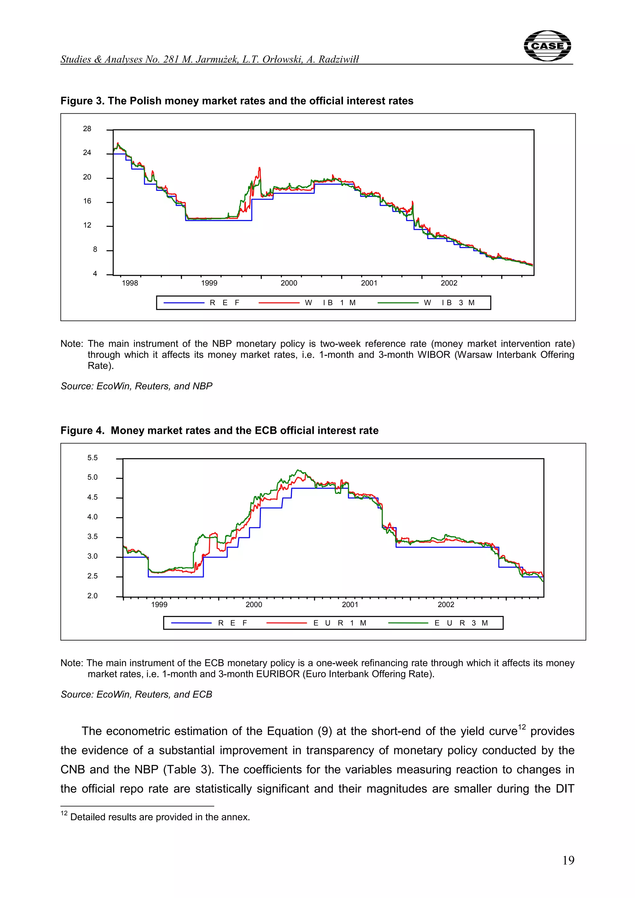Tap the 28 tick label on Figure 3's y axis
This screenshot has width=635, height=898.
(87, 129)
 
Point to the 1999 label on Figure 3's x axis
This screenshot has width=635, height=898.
(209, 283)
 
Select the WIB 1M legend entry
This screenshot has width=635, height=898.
(330, 303)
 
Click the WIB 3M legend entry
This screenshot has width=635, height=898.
(449, 303)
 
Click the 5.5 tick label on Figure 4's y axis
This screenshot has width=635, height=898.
(92, 458)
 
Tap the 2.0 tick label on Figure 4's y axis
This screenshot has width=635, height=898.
(92, 596)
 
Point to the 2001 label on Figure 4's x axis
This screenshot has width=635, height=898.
(350, 605)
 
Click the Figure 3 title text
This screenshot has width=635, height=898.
(237, 101)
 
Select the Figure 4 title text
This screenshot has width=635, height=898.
(219, 431)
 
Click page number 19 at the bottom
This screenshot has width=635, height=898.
(568, 861)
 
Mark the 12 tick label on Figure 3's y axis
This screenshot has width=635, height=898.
(87, 225)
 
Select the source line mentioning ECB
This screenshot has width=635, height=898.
(136, 694)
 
